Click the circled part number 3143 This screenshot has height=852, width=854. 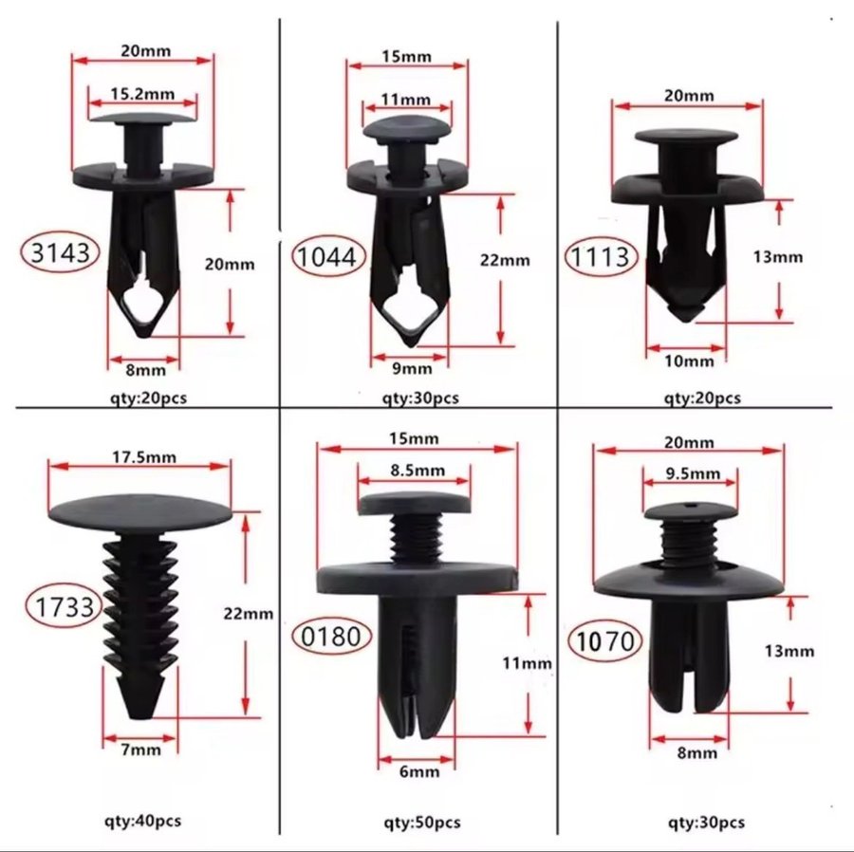click(x=60, y=252)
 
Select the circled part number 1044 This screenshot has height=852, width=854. click(x=328, y=256)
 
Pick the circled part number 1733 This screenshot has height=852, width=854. click(x=65, y=606)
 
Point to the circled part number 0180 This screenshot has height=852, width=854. click(x=331, y=636)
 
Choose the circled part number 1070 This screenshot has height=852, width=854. click(x=604, y=640)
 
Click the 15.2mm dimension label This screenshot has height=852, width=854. click(x=142, y=94)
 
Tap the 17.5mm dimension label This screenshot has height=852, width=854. click(x=144, y=456)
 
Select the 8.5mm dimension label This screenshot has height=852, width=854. click(x=418, y=470)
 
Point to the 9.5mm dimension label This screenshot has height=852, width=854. click(x=693, y=473)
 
